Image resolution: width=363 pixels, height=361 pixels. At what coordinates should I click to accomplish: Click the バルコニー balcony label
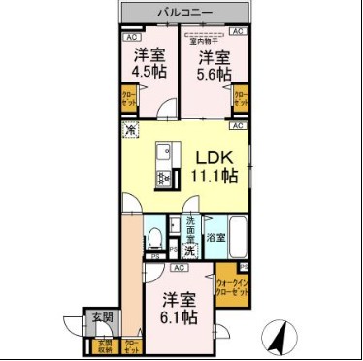click(x=182, y=13)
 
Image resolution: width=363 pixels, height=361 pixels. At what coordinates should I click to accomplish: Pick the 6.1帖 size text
click(x=180, y=317)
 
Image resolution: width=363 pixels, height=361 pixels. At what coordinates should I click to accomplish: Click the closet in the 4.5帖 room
click(x=129, y=99)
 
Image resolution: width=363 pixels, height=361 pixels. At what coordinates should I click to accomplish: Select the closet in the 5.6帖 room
click(x=242, y=100)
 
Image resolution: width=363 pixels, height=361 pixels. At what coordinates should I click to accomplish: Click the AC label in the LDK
click(x=236, y=126)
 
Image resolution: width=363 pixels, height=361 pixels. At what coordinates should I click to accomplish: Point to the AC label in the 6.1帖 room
click(x=179, y=268)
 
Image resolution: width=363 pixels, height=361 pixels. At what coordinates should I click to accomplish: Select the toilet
click(x=155, y=238)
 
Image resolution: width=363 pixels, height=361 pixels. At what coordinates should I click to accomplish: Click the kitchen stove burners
click(x=164, y=179)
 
